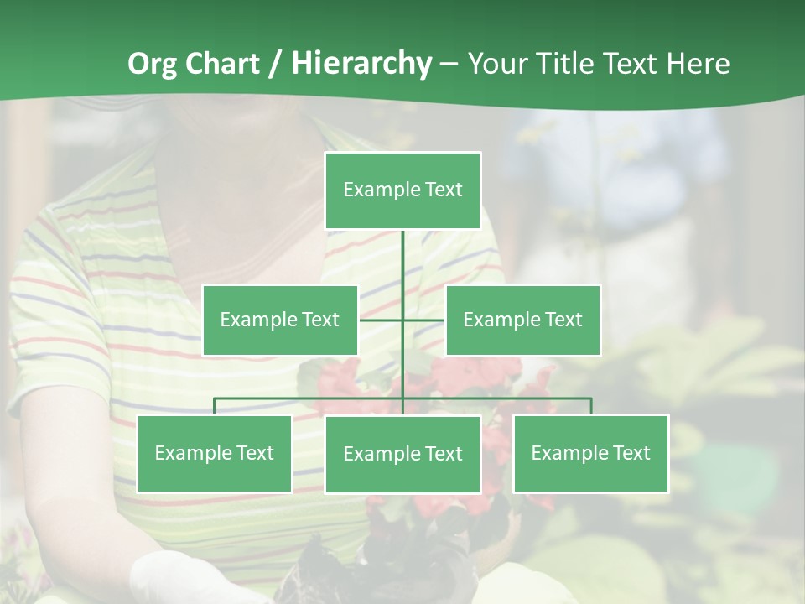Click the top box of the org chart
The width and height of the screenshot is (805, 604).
[x=402, y=190]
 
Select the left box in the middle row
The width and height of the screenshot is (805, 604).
[x=280, y=320]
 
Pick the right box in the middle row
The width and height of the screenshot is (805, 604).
[x=522, y=320]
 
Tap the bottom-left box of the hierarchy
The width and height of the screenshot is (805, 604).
[x=214, y=454]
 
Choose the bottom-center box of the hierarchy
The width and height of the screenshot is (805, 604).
[x=402, y=455]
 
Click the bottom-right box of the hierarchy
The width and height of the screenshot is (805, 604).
[x=590, y=454]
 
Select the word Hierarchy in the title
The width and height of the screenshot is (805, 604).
[x=361, y=64]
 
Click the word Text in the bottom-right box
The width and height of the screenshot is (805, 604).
[x=631, y=454]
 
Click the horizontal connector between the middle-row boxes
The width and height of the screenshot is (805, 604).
[x=382, y=320]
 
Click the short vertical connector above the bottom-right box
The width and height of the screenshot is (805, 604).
[x=590, y=406]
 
